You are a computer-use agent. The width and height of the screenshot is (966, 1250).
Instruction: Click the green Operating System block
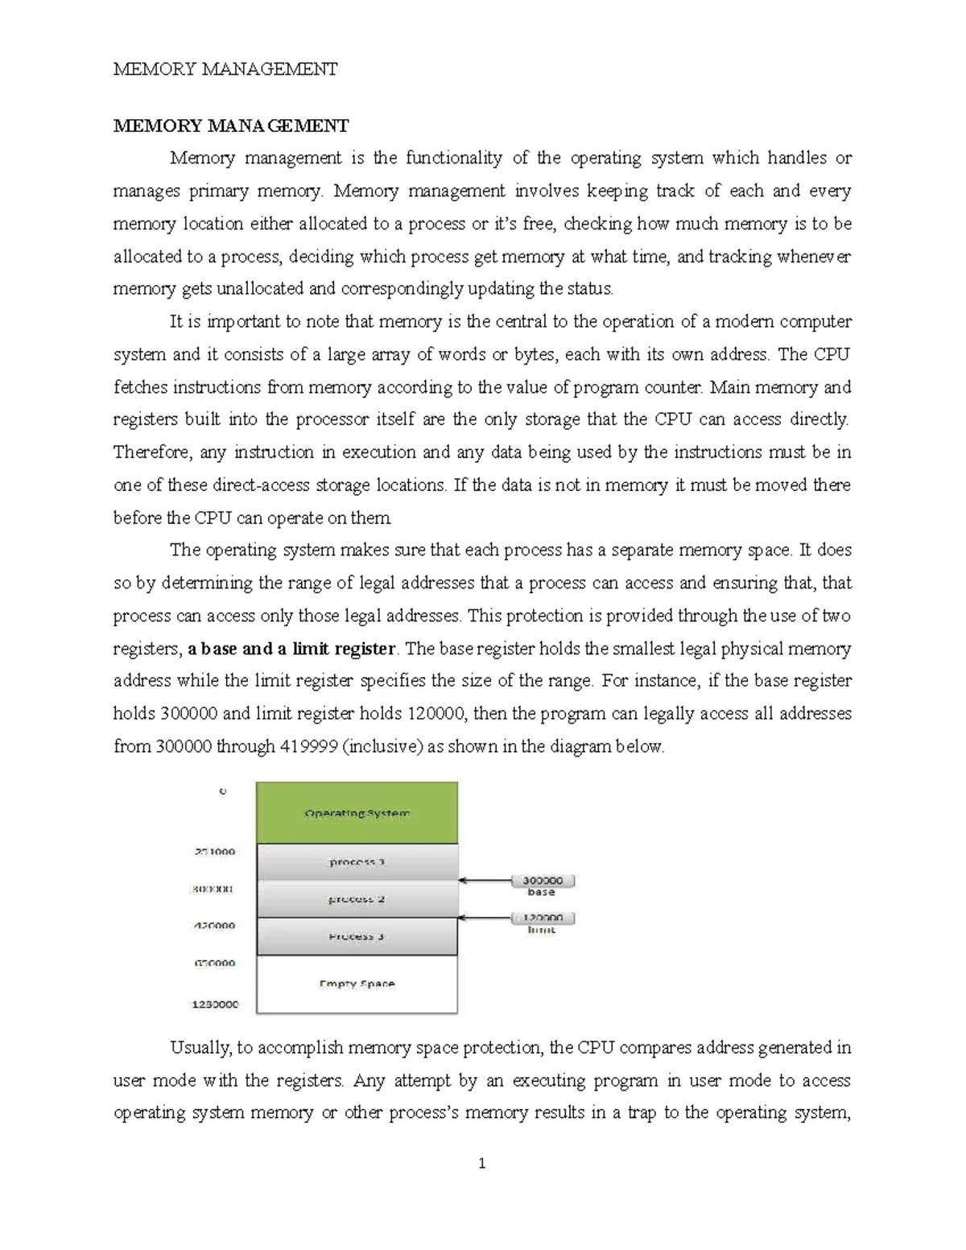(x=357, y=813)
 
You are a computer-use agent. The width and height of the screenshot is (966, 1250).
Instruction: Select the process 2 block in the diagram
(x=357, y=899)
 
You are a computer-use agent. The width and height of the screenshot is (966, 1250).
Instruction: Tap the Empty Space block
(x=357, y=984)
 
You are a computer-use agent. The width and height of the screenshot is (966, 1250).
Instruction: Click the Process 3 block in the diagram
(x=357, y=936)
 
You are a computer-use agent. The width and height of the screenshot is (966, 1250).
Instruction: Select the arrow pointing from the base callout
(x=484, y=881)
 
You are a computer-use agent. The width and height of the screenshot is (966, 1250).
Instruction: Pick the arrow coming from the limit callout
(x=484, y=918)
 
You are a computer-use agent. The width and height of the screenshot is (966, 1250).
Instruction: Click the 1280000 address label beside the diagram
(x=213, y=1005)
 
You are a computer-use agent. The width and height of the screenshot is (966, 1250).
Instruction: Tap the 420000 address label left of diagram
(x=213, y=926)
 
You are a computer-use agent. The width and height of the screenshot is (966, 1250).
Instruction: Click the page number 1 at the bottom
(x=481, y=1163)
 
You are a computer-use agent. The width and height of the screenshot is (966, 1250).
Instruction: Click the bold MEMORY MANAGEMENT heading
(x=231, y=126)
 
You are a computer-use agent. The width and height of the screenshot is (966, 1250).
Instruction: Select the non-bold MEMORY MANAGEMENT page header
(x=225, y=69)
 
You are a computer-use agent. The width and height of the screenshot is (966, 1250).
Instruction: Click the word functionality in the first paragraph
(x=453, y=158)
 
